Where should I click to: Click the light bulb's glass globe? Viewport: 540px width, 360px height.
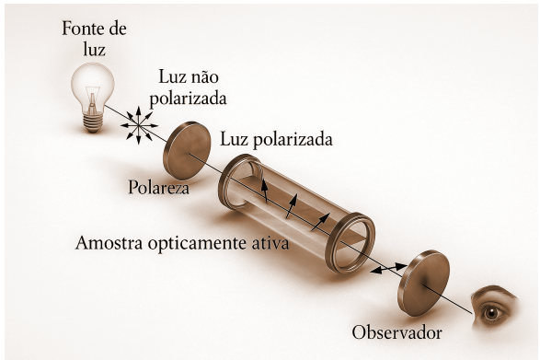(x=93, y=82)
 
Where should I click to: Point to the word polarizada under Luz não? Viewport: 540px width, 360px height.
(x=191, y=98)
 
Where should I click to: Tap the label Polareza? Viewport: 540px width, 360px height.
(x=158, y=190)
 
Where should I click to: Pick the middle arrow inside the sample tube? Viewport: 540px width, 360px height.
(x=293, y=207)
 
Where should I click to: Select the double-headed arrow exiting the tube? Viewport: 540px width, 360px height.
(x=387, y=270)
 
